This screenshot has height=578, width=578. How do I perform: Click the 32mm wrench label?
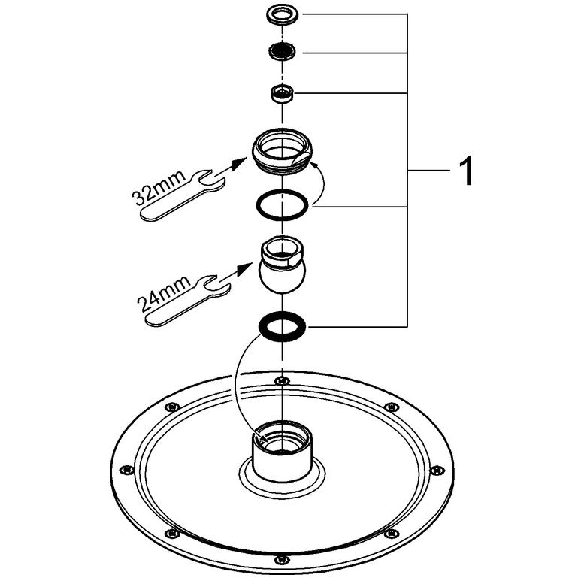pos(159,188)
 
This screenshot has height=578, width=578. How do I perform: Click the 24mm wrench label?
pos(164,292)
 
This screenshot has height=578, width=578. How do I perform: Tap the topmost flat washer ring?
pos(283,15)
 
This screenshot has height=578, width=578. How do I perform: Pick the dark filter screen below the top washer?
pos(282,51)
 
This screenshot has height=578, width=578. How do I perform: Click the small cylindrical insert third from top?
pos(282,93)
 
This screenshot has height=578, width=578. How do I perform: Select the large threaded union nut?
pos(282,150)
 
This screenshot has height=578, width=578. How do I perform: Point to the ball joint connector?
pos(282,265)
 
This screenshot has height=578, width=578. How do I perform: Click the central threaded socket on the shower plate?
pos(282,452)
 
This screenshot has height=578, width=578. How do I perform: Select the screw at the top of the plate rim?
pos(282,380)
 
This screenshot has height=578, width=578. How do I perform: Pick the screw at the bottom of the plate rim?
pos(282,558)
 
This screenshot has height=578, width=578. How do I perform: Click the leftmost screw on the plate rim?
pos(127,470)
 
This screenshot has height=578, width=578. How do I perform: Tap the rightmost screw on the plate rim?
pos(437,470)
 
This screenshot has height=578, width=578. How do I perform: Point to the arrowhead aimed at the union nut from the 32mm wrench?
pos(241,162)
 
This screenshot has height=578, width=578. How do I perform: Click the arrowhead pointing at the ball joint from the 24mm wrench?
pos(246,268)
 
